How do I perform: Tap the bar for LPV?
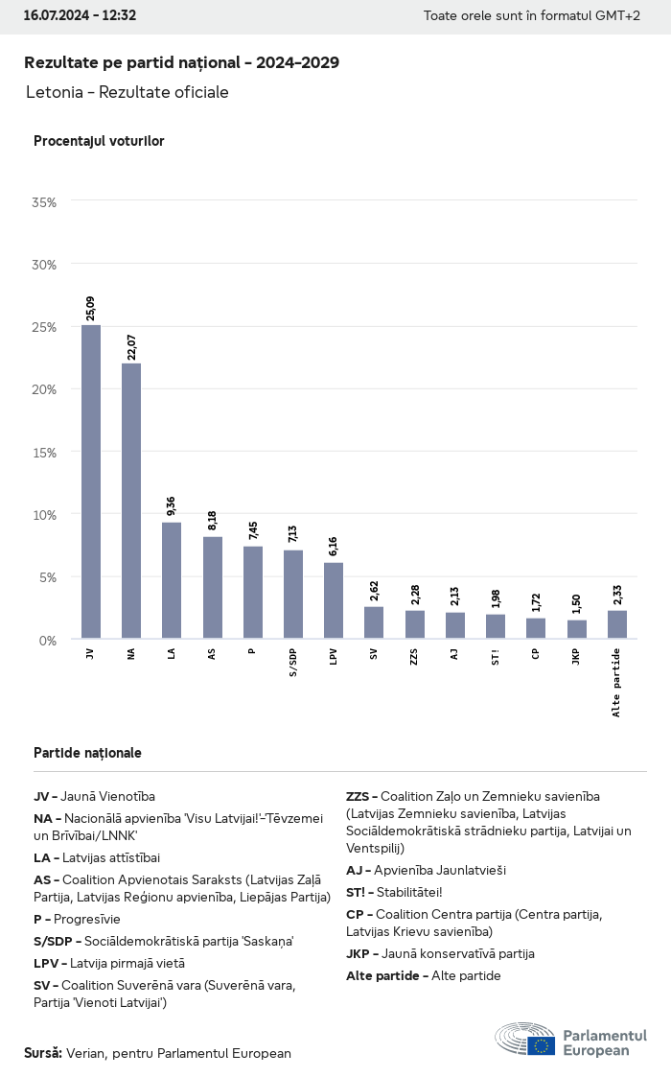click(334, 600)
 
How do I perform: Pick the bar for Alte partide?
click(617, 624)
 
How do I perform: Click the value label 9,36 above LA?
click(172, 505)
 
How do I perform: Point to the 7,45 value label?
click(253, 530)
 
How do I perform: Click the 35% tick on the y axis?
click(44, 202)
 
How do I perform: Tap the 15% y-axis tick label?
click(44, 452)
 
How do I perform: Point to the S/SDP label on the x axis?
click(293, 662)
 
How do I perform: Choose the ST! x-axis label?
click(496, 656)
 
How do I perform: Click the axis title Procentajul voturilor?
click(99, 141)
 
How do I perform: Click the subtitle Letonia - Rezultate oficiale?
click(127, 92)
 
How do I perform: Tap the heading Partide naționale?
click(87, 753)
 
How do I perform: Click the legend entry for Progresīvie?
click(77, 918)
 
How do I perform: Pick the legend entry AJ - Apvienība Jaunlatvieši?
click(426, 870)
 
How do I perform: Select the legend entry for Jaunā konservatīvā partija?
click(440, 953)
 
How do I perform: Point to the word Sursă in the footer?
click(43, 1053)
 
